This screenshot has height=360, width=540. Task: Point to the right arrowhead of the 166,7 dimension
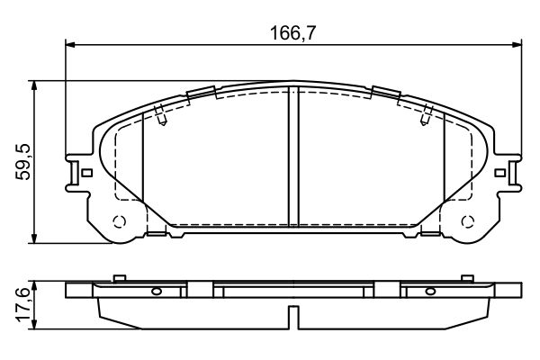(517, 44)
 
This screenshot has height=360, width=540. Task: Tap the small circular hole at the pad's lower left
(118, 223)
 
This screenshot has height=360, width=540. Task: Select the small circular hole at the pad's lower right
(466, 223)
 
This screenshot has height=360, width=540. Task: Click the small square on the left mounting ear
(85, 173)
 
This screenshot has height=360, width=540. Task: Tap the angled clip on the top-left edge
(202, 92)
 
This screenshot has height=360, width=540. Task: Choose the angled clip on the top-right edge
(387, 92)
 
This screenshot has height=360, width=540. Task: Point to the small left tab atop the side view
(118, 277)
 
